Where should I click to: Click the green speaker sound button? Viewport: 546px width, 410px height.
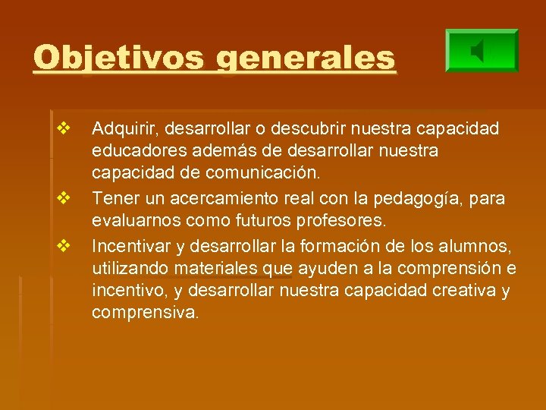482,52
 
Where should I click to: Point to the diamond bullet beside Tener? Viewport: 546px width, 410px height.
63,199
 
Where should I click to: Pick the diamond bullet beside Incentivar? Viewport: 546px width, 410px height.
63,245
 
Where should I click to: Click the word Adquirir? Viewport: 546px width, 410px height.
124,130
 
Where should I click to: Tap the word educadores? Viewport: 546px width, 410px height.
132,151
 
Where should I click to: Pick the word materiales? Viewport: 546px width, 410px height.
215,268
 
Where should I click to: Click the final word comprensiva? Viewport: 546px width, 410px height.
145,312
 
